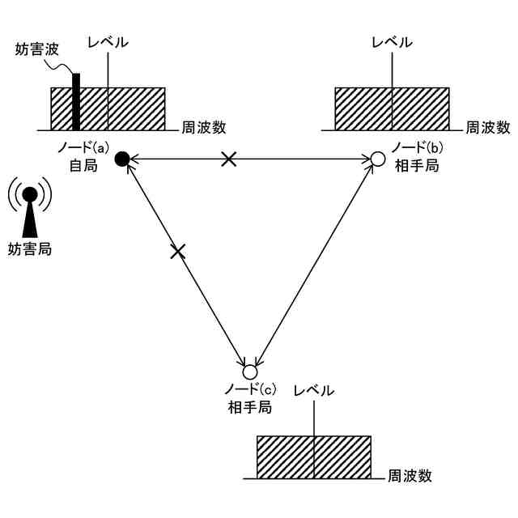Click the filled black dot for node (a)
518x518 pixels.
(x=122, y=159)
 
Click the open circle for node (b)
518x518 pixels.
(x=377, y=159)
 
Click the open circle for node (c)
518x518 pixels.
(x=249, y=372)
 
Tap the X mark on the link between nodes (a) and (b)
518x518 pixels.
(x=229, y=159)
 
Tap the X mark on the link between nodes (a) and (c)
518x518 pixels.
(x=178, y=252)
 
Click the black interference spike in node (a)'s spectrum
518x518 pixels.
(x=76, y=102)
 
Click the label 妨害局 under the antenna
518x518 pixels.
(x=29, y=249)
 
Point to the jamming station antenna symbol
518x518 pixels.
(x=29, y=210)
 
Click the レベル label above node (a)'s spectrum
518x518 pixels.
(x=107, y=42)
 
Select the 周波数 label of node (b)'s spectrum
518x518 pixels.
(x=487, y=127)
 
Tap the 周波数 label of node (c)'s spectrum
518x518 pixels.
(x=410, y=476)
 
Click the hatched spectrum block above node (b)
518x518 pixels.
(x=392, y=108)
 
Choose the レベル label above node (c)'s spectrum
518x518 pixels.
(x=313, y=390)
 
